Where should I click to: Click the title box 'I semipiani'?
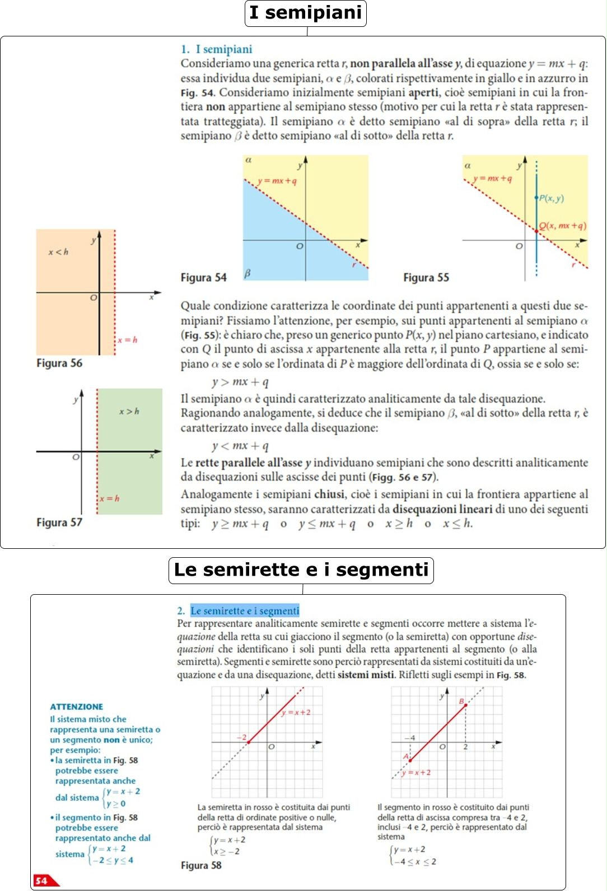click(306, 13)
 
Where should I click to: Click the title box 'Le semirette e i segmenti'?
click(301, 570)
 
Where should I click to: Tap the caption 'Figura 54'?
click(203, 278)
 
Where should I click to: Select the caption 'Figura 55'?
click(426, 278)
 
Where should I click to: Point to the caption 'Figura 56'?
click(59, 363)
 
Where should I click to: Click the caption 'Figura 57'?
click(59, 523)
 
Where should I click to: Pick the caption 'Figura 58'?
click(201, 865)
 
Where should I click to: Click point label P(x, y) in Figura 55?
click(552, 198)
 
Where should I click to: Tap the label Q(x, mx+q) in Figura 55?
click(563, 226)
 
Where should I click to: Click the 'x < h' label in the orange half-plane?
click(58, 252)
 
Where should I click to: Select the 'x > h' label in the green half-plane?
click(129, 412)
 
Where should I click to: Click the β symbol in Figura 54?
click(248, 273)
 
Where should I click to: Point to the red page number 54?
click(41, 881)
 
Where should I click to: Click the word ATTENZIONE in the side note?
click(76, 707)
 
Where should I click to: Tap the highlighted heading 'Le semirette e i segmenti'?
click(245, 611)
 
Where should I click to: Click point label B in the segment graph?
click(462, 701)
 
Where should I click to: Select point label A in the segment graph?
click(406, 757)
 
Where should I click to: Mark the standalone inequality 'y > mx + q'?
click(240, 382)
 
